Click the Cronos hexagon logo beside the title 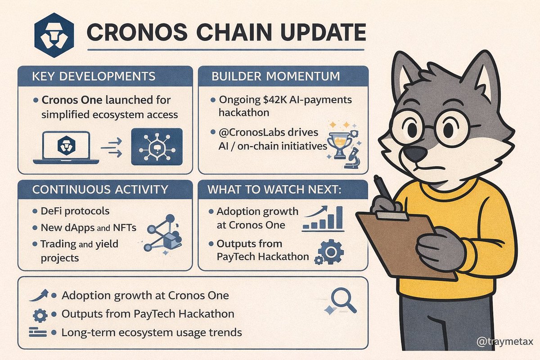tap(54, 35)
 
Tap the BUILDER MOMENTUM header tap(276, 76)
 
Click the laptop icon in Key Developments tap(65, 148)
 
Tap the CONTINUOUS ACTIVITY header tap(100, 189)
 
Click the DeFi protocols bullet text tap(75, 211)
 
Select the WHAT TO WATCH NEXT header tap(274, 189)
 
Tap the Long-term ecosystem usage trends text tap(152, 333)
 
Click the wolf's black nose tap(414, 154)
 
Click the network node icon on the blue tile tap(156, 147)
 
